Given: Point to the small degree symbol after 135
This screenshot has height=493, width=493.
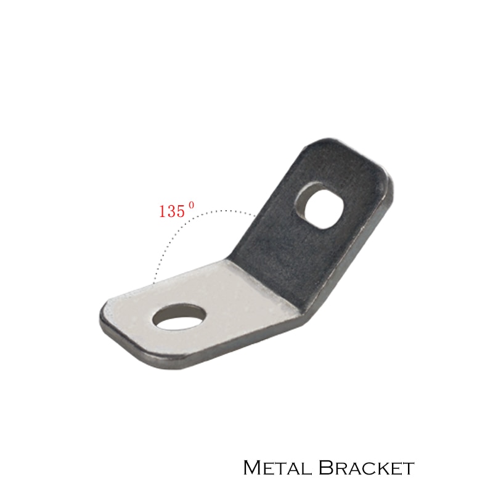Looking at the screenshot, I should pyautogui.click(x=192, y=206).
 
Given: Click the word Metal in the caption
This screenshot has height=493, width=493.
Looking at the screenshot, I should pyautogui.click(x=277, y=468).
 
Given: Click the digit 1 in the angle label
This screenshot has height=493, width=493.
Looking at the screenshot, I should pyautogui.click(x=163, y=211).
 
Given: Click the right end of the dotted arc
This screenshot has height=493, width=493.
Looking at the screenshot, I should pyautogui.click(x=255, y=215).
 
